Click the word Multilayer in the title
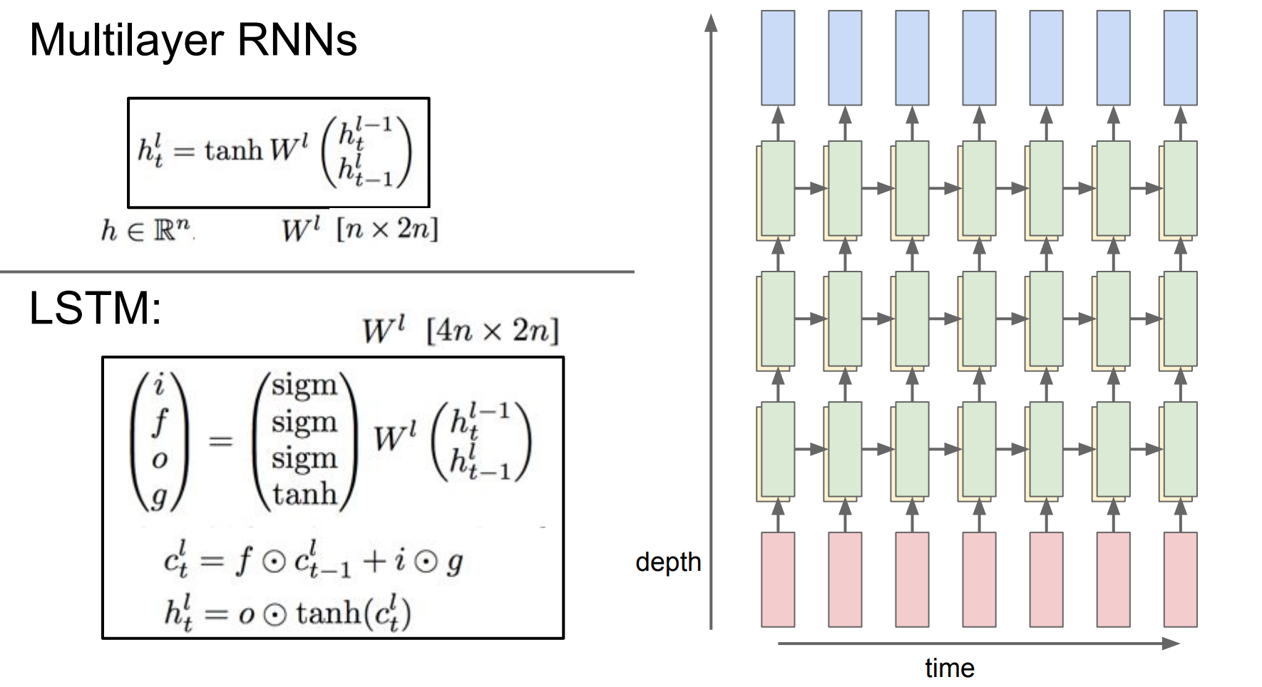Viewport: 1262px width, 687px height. (x=128, y=41)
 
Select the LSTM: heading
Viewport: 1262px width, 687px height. (x=95, y=309)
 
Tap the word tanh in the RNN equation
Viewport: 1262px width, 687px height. (x=234, y=150)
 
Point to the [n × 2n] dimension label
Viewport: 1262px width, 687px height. (x=387, y=229)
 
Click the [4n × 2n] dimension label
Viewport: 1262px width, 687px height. (x=492, y=331)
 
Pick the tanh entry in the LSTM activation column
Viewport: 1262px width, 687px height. (x=304, y=493)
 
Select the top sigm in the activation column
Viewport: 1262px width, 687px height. (x=304, y=386)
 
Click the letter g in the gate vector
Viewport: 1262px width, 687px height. (x=158, y=495)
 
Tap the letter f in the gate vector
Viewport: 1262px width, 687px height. (x=159, y=422)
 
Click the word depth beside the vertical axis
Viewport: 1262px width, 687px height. (x=668, y=562)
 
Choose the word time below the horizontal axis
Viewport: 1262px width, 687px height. (x=949, y=668)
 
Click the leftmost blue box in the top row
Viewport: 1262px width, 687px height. (x=778, y=58)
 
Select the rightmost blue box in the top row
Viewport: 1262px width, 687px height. (x=1180, y=58)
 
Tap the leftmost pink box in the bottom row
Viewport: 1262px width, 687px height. (x=778, y=579)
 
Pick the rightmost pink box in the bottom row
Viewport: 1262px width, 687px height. (x=1180, y=579)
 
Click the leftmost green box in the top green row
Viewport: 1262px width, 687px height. (x=777, y=188)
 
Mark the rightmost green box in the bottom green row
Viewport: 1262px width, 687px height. (x=1180, y=449)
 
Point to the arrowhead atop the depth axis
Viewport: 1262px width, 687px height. (x=711, y=23)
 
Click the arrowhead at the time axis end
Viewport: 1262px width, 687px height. (x=1171, y=644)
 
